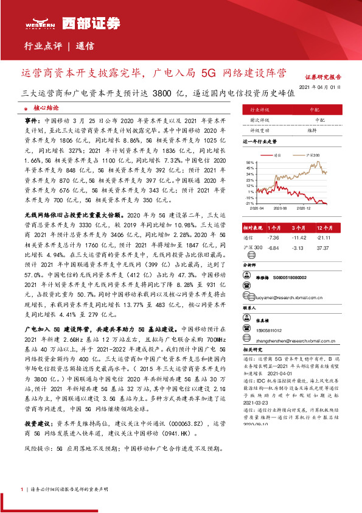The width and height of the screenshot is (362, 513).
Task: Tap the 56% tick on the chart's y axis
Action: coord(249,163)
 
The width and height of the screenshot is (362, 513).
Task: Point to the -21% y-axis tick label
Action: coord(249,203)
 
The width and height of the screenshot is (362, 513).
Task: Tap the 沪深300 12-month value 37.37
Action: coord(322,248)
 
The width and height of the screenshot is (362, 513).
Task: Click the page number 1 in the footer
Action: coord(22,489)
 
